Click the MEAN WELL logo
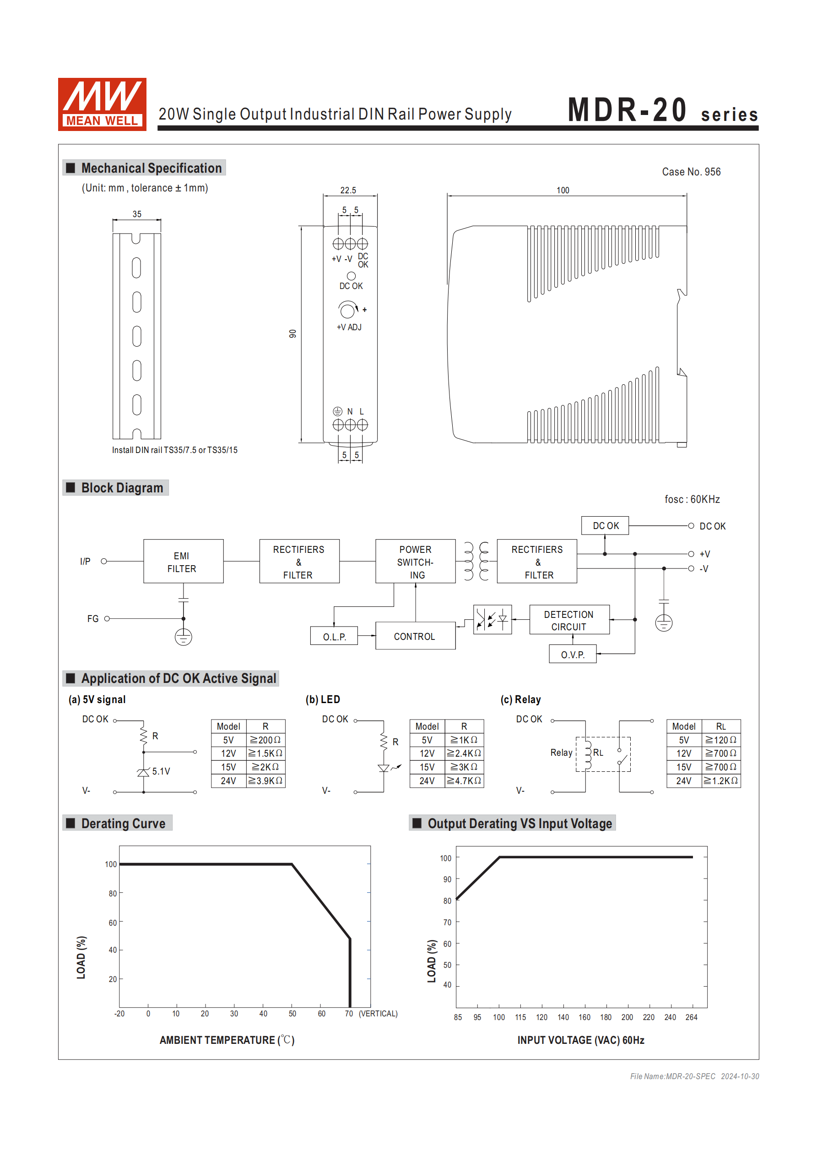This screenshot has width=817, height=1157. point(102,104)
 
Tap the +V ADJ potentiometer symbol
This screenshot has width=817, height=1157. point(347,310)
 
